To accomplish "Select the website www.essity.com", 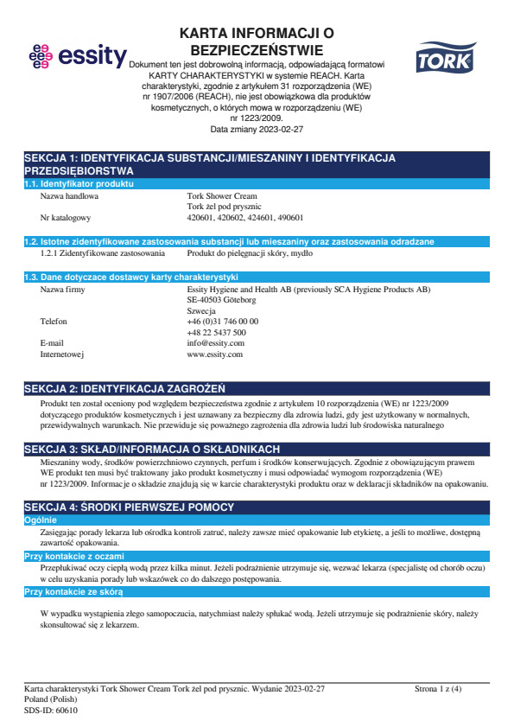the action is click(215, 354).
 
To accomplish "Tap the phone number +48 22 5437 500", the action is click(217, 332).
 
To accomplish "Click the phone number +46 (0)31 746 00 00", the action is click(223, 321).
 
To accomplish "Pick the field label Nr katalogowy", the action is click(66, 219).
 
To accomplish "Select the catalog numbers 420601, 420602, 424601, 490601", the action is click(245, 219).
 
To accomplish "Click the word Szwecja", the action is click(201, 310).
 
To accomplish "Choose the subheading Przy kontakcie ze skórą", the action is click(73, 592).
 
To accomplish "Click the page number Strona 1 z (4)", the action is click(438, 689).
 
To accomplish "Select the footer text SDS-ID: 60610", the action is click(51, 710).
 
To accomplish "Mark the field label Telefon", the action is click(54, 321).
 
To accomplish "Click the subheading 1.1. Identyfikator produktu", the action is click(79, 185).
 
